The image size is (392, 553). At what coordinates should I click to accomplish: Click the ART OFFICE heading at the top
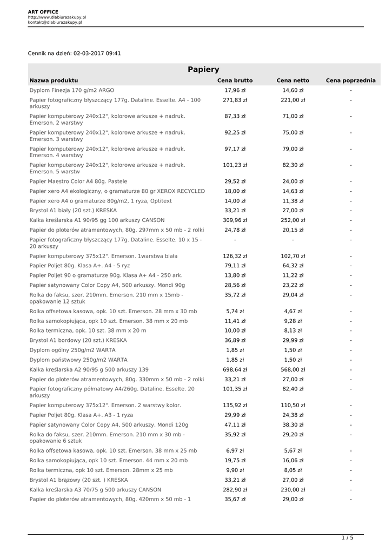[x=43, y=12]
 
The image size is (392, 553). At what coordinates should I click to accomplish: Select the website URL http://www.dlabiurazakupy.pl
[x=57, y=17]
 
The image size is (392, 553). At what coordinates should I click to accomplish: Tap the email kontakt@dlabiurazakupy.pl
[x=55, y=22]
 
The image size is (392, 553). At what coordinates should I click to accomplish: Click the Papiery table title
[x=203, y=69]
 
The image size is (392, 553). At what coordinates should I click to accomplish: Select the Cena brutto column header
[x=235, y=80]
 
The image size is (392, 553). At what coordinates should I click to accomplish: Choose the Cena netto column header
[x=293, y=80]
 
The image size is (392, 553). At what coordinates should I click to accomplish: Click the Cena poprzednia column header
[x=350, y=80]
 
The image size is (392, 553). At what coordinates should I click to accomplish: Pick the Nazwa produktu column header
[x=54, y=80]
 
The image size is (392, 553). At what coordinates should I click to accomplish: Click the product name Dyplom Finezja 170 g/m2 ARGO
[x=72, y=90]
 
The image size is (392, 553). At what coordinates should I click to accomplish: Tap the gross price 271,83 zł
[x=235, y=100]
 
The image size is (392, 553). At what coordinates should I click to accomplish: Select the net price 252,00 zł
[x=293, y=220]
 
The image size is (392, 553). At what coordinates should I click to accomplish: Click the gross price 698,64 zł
[x=235, y=369]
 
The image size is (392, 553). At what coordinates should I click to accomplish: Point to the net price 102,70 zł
[x=293, y=256]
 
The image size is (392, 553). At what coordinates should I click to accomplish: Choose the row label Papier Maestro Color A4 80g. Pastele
[x=78, y=181]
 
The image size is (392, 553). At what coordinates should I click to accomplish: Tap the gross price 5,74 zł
[x=235, y=311]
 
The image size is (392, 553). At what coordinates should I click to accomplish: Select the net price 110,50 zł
[x=293, y=405]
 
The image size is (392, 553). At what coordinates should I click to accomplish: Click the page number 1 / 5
[x=347, y=538]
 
